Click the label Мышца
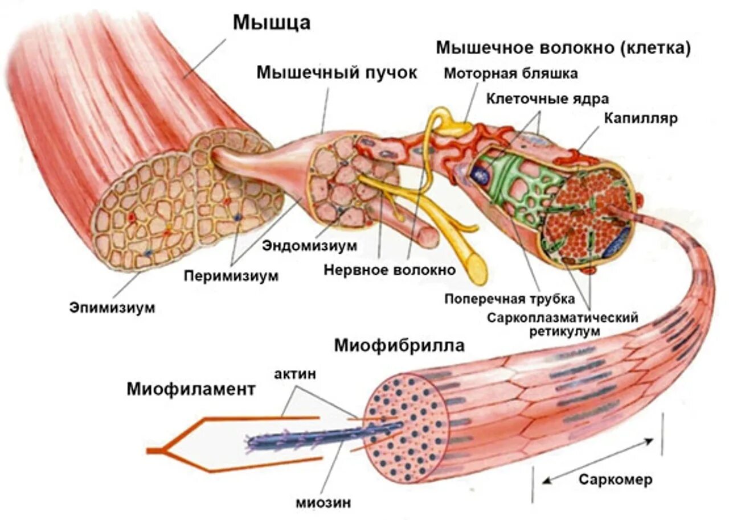tap(272, 23)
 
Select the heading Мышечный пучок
tap(337, 73)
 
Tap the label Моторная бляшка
tap(510, 73)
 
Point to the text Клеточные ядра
tap(547, 98)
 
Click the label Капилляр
tap(640, 119)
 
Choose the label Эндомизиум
tap(310, 246)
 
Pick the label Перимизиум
tap(231, 276)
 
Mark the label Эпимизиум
tap(113, 307)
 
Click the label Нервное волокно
tap(390, 270)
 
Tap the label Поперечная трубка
tap(510, 299)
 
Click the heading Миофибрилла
tap(399, 345)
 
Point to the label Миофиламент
tap(190, 390)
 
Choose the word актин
tap(294, 374)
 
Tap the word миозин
tap(323, 503)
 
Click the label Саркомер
tap(616, 480)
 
